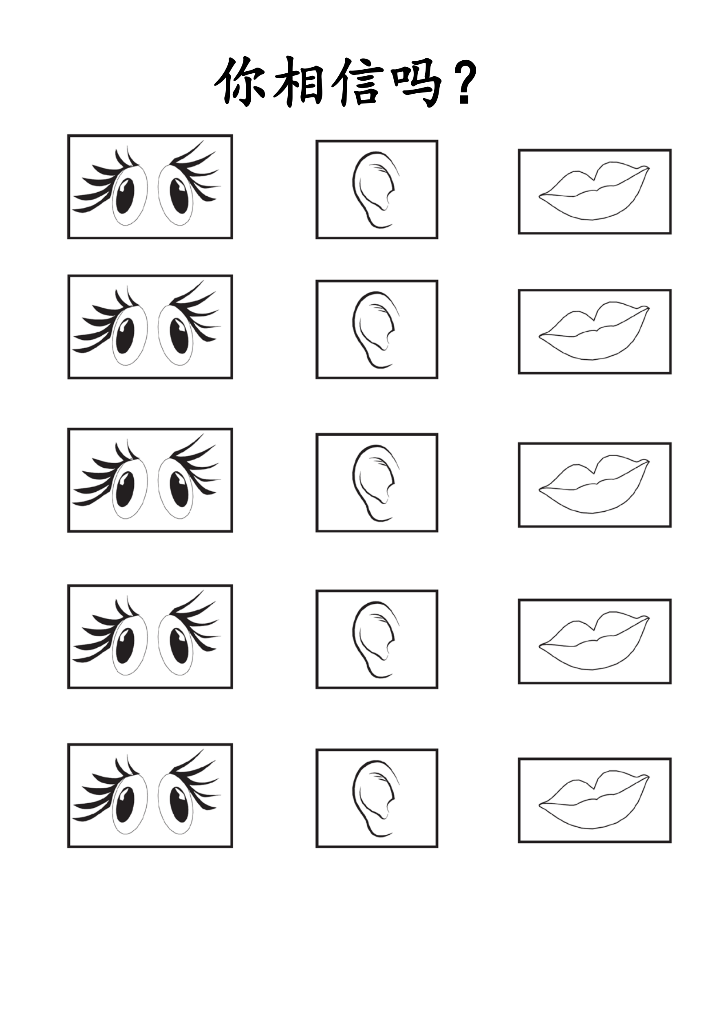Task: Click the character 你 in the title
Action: [240, 81]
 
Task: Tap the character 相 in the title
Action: [298, 82]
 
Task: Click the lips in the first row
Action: [594, 191]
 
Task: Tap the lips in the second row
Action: [594, 331]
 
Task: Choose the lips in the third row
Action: [594, 484]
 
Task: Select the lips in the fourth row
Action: [594, 641]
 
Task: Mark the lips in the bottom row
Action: [594, 800]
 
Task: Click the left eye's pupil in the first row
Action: [125, 196]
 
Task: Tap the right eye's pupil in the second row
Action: [179, 336]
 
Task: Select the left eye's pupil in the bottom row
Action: [125, 805]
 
